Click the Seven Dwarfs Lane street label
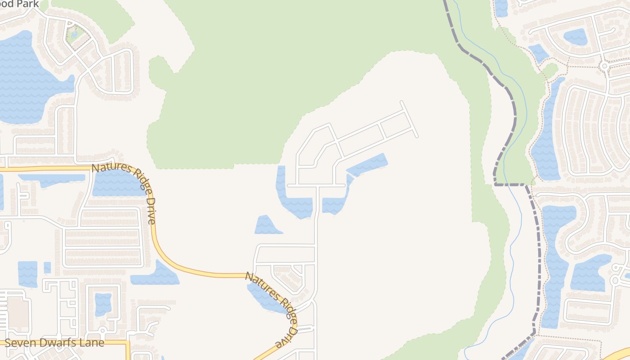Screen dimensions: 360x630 [x=54, y=342]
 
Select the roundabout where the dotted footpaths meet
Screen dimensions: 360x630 [x=604, y=66]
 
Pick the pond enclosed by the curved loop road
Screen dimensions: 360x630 [x=575, y=36]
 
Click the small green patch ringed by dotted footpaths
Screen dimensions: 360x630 [x=549, y=70]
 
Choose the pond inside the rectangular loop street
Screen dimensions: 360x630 [x=103, y=304]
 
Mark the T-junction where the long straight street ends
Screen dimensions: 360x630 [x=317, y=185]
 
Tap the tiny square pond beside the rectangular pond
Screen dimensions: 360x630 [x=47, y=267]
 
